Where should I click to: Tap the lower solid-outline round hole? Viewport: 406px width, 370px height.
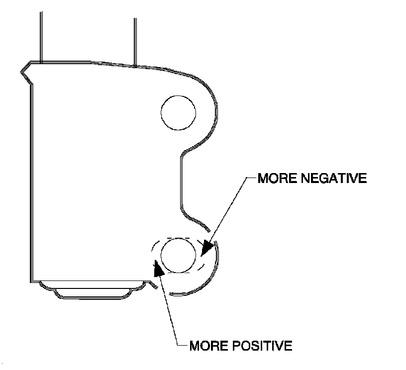179,256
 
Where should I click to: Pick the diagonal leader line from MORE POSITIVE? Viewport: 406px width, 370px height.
168,308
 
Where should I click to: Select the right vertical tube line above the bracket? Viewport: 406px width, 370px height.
135,40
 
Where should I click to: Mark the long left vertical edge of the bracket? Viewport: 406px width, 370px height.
31,179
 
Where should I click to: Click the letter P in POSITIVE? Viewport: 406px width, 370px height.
235,345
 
